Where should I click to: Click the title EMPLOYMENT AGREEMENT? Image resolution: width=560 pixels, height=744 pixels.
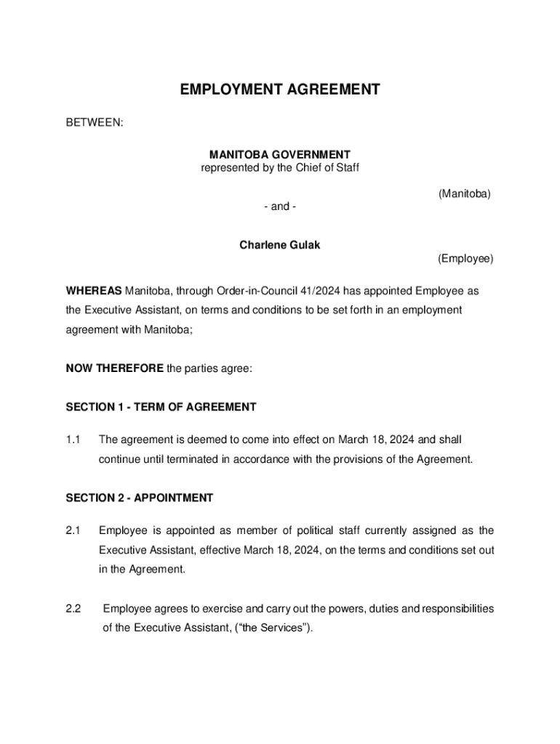pos(280,89)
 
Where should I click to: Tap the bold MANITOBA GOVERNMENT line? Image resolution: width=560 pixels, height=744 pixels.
pos(280,155)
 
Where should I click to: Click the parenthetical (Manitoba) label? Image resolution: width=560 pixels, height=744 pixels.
pos(464,194)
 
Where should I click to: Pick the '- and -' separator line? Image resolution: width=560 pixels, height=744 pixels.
pos(280,206)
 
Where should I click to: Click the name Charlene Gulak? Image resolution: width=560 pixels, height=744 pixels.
pos(280,245)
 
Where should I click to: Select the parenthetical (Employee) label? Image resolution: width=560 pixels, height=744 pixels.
pos(465,259)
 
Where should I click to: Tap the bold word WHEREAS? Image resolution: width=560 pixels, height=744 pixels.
pos(94,291)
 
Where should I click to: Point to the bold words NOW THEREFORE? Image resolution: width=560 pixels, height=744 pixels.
pos(115,368)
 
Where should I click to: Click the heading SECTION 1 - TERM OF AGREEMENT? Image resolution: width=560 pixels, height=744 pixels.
pos(161,407)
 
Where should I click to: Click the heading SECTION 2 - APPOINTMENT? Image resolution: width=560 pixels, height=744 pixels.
pos(140,498)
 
